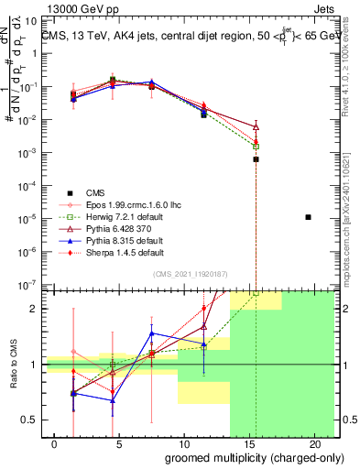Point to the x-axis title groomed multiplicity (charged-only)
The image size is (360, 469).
tap(242, 457)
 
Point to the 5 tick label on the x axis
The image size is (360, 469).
tap(112, 444)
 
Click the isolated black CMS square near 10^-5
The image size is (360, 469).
tap(308, 217)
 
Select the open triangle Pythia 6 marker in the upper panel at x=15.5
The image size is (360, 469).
tap(256, 126)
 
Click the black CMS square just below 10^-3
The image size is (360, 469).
tap(256, 159)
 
